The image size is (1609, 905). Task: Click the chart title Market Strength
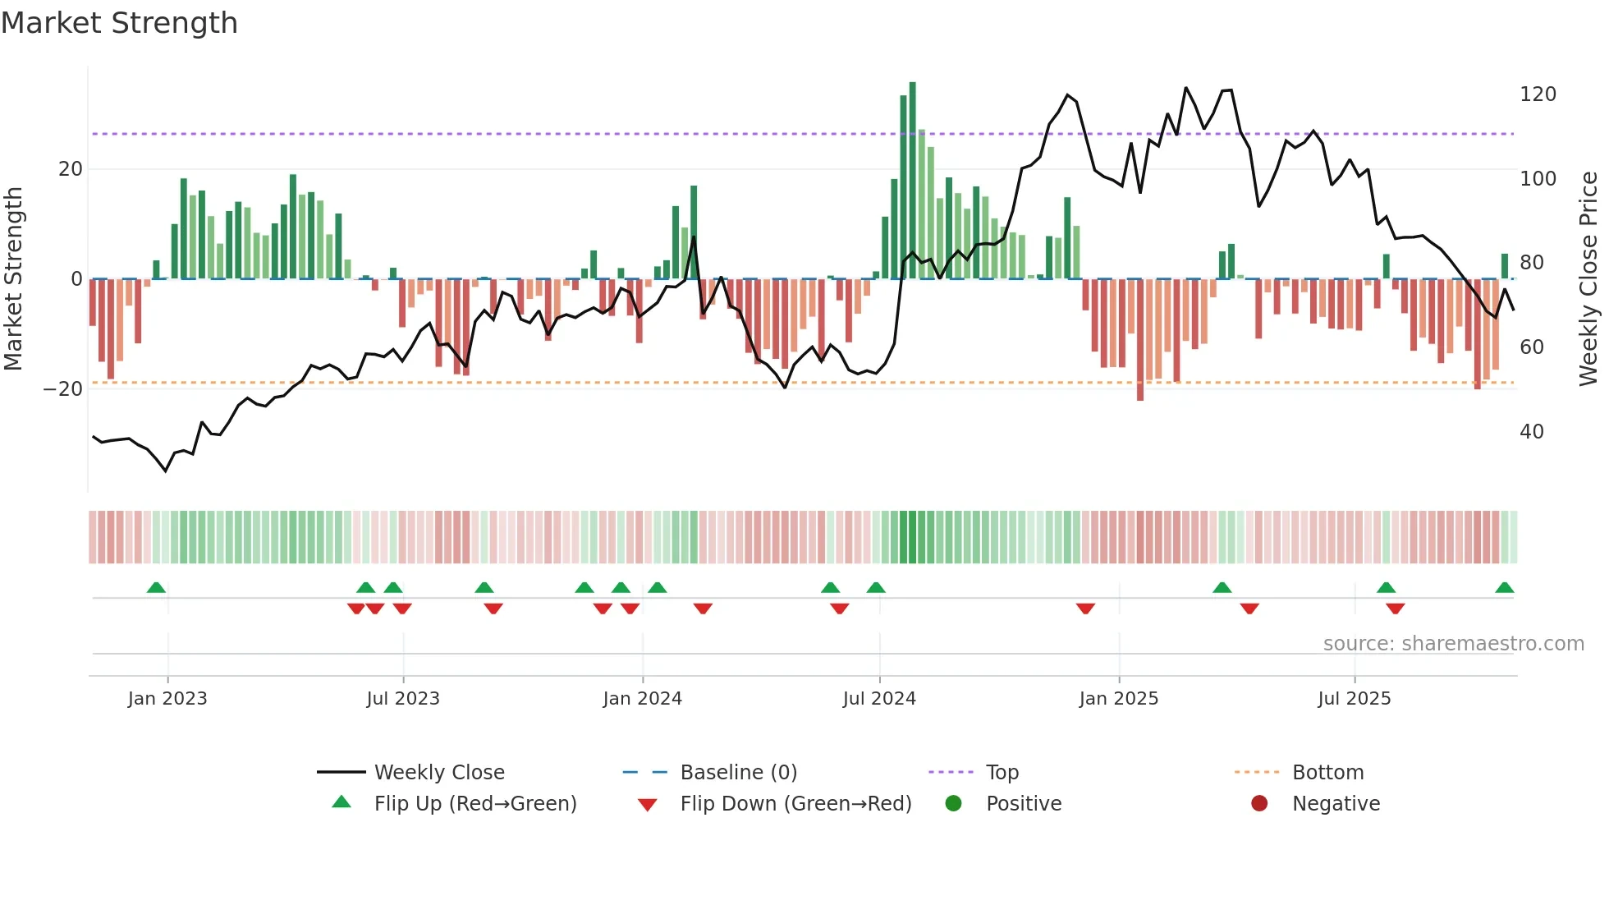tap(119, 23)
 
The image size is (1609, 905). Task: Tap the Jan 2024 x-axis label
tap(642, 699)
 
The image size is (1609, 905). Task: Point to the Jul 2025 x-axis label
tap(1354, 699)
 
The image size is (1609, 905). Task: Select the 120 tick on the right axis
tap(1538, 94)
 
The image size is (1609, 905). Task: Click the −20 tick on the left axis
tap(63, 389)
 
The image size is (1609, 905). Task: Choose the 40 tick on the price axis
tap(1531, 432)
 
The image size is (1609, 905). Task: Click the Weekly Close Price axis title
tap(1588, 279)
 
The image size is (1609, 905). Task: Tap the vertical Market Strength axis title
tap(13, 279)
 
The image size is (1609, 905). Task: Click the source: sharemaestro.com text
tap(1453, 644)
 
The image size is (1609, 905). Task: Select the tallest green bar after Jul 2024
tap(912, 181)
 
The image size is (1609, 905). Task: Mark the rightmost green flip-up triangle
tap(1504, 588)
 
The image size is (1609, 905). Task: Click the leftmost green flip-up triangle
tap(156, 588)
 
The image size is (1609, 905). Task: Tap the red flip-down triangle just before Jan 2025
tap(1085, 609)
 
